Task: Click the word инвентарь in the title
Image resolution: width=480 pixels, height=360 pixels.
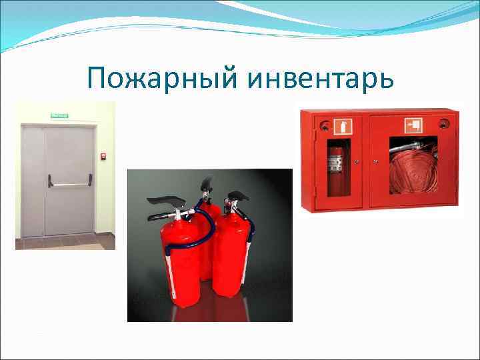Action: coord(320,81)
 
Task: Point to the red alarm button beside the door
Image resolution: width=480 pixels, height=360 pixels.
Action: coord(103,157)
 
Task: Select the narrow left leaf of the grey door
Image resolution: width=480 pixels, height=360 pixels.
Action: coord(33,181)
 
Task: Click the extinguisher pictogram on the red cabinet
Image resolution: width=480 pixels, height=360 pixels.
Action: coord(345,125)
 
